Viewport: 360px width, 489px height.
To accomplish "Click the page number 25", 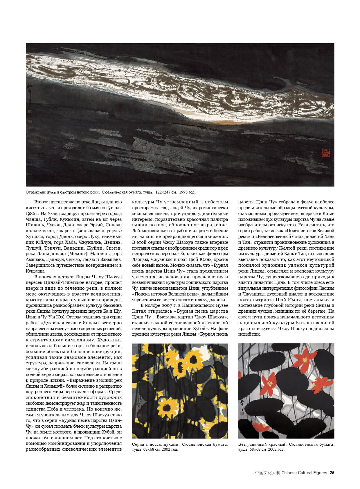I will (x=332, y=472).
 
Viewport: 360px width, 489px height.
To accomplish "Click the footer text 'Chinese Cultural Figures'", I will (x=304, y=472).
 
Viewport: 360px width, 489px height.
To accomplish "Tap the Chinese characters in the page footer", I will (x=268, y=472).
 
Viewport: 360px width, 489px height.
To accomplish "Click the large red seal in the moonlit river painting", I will (x=325, y=152).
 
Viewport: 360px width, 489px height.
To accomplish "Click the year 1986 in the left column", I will (x=30, y=214).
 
